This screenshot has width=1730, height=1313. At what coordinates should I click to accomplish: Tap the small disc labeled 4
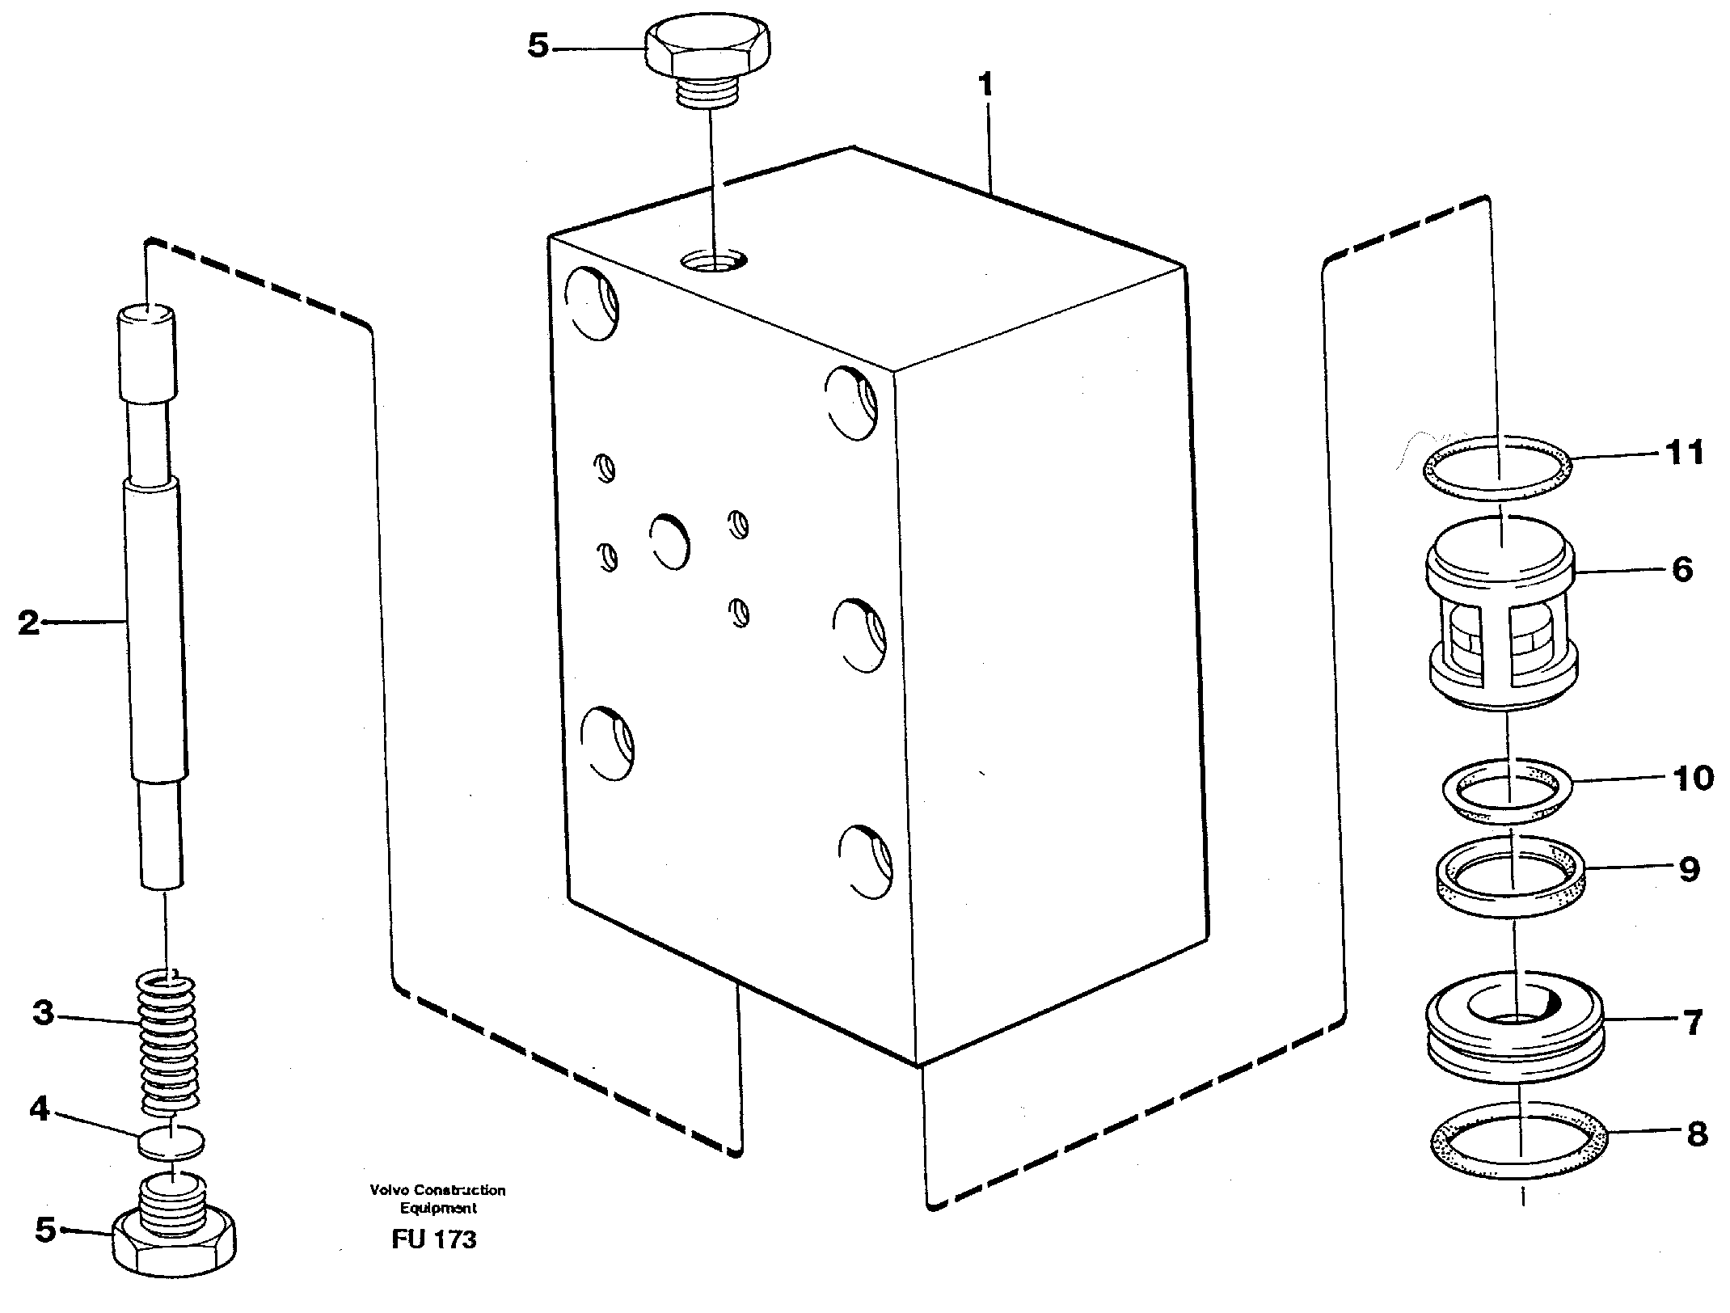[171, 1141]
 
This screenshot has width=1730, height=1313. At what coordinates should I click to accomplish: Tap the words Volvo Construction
[437, 1190]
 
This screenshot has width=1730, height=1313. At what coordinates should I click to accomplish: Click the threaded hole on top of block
[713, 261]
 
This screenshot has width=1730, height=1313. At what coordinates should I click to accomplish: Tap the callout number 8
[1696, 1134]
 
